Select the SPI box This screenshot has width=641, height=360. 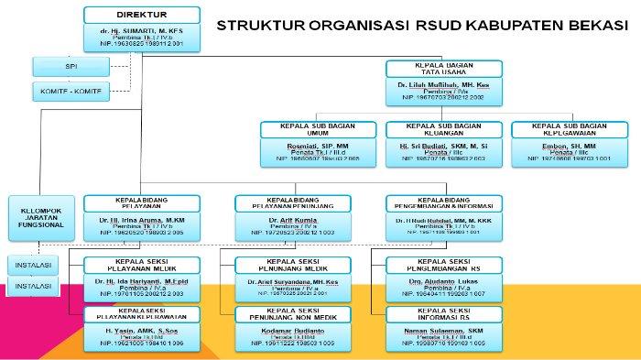coord(67,66)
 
